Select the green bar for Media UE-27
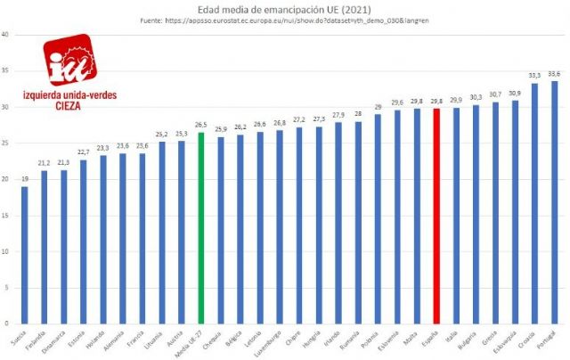point(201,228)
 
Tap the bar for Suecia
point(24,255)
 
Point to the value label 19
point(24,179)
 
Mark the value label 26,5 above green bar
point(201,125)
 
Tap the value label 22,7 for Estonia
point(83,152)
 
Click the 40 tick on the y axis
point(6,35)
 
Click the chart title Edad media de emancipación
point(285,8)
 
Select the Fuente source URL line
point(285,20)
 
